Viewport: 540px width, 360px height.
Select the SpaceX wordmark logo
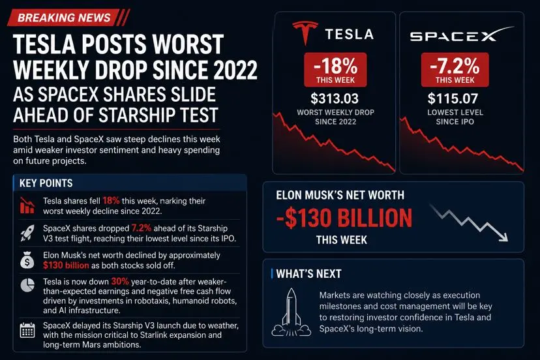point(462,35)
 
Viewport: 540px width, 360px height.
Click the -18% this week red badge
point(335,70)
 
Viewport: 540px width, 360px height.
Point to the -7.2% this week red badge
point(455,70)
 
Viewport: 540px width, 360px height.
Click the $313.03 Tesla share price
point(335,98)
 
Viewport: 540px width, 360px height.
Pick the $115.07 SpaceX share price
point(453,98)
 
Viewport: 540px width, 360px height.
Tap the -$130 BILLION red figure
point(344,218)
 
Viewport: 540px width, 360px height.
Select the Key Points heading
point(46,183)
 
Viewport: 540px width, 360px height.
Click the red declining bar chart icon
point(27,205)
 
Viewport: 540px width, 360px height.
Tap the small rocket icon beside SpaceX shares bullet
point(27,233)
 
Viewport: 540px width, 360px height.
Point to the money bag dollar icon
point(27,260)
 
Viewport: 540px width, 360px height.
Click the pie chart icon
point(27,285)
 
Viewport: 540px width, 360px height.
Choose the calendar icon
point(27,330)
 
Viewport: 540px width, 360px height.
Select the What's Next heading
point(308,274)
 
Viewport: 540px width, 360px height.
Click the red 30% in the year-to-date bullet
point(120,282)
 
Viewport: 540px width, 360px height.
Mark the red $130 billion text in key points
point(66,265)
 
